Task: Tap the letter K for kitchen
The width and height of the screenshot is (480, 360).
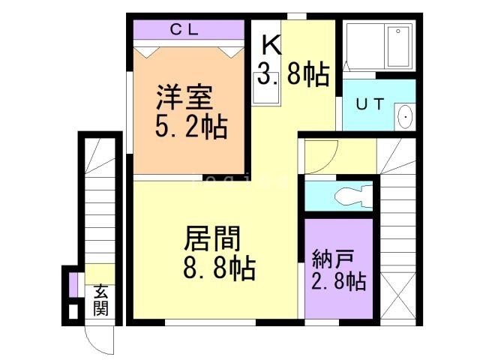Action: coord(271,46)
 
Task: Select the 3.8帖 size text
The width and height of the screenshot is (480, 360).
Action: coord(293,75)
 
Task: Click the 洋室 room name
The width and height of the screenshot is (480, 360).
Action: coord(184,97)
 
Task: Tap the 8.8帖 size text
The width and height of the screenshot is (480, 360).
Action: coord(219,267)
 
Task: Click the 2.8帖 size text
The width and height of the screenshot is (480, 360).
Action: coord(338,283)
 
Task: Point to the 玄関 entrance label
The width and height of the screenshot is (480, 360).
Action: coord(101,299)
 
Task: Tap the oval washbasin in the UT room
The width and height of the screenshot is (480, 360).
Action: coord(405,117)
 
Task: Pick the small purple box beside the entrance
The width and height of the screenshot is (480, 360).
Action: coord(73,286)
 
